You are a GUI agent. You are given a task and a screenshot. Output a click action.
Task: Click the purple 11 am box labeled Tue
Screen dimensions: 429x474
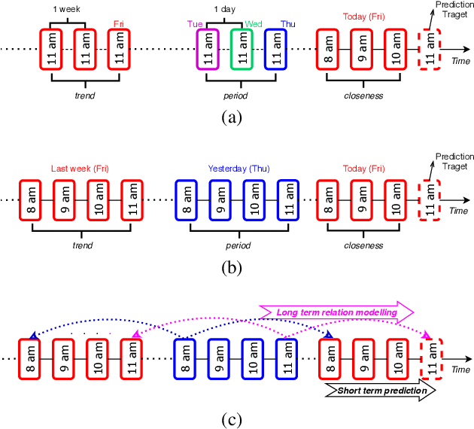pyautogui.click(x=207, y=50)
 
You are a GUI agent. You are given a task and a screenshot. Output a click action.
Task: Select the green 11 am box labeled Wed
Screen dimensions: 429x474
pyautogui.click(x=241, y=50)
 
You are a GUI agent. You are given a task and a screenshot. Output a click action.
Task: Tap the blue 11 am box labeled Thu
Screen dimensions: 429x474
pyautogui.click(x=275, y=50)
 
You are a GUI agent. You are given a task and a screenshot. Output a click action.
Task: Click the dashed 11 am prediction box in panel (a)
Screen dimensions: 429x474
pyautogui.click(x=430, y=50)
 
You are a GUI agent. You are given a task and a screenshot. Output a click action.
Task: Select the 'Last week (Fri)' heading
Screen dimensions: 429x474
pyautogui.click(x=80, y=168)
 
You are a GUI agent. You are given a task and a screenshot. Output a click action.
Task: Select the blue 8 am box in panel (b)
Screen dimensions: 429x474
pyautogui.click(x=185, y=200)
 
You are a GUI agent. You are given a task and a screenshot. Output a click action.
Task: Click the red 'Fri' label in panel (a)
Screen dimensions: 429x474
pyautogui.click(x=119, y=23)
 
